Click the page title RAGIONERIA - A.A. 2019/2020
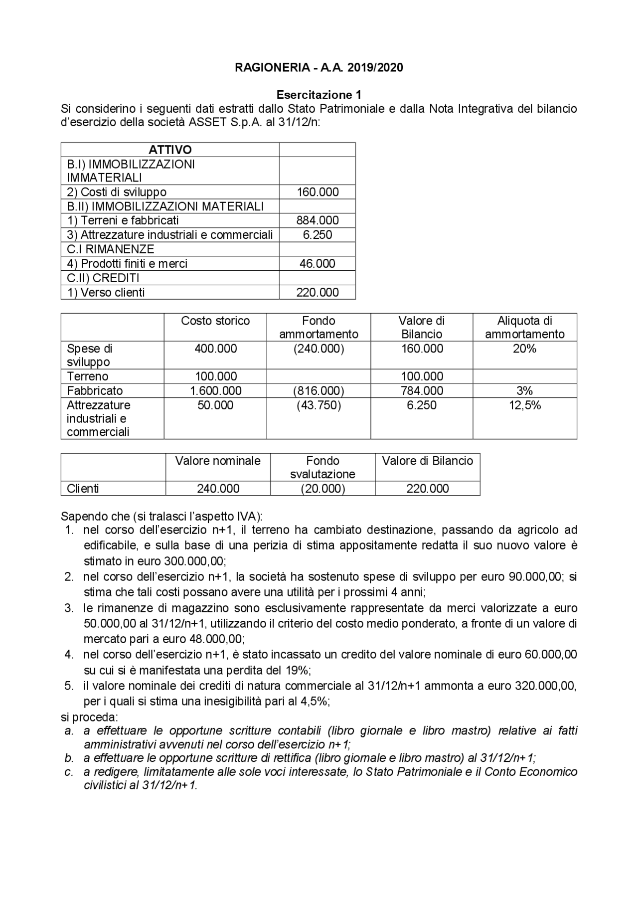click(319, 67)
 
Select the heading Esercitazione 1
click(319, 95)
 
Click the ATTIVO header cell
click(170, 150)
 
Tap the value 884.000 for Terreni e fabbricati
click(318, 220)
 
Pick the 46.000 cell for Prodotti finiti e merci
click(318, 263)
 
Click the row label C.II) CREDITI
click(103, 278)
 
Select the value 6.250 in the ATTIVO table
click(318, 235)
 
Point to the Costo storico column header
click(215, 321)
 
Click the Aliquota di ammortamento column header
click(524, 327)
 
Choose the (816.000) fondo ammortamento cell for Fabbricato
click(319, 390)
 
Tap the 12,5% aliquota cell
click(524, 405)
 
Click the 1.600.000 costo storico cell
click(215, 390)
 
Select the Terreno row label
click(88, 376)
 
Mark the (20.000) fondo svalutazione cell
click(322, 488)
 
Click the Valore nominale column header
click(218, 461)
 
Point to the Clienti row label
click(83, 488)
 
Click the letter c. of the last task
click(69, 772)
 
